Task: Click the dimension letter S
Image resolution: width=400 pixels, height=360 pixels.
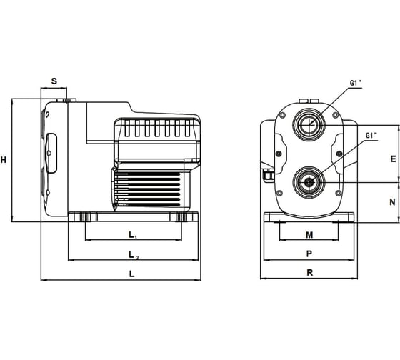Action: [x=54, y=81]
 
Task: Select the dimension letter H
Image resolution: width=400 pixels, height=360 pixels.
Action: [x=4, y=160]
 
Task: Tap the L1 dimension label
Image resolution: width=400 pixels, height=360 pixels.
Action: [x=133, y=235]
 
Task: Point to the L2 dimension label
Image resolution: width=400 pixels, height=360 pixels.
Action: [x=134, y=255]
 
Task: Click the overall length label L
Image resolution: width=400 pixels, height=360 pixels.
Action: [x=131, y=274]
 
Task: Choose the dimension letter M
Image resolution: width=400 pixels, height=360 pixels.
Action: [x=309, y=235]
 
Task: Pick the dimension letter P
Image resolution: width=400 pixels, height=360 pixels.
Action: [x=309, y=254]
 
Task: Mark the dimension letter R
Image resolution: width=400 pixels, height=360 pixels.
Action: [x=309, y=273]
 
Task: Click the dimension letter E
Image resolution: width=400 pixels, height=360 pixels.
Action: [x=393, y=159]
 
